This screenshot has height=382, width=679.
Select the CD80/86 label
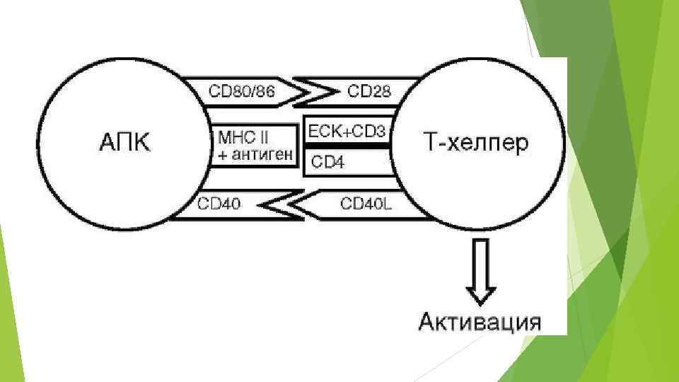pyautogui.click(x=242, y=91)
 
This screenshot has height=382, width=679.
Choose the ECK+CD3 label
pyautogui.click(x=347, y=132)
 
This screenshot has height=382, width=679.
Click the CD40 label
pyautogui.click(x=220, y=204)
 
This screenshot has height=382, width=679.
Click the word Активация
pyautogui.click(x=480, y=321)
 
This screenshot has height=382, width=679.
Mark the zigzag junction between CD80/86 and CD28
pyautogui.click(x=314, y=91)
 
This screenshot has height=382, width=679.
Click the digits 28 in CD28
pyautogui.click(x=380, y=91)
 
